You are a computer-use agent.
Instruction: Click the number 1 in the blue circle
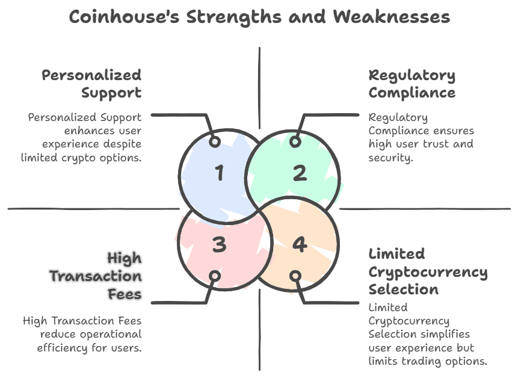pyautogui.click(x=219, y=174)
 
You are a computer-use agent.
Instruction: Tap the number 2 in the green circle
pyautogui.click(x=300, y=173)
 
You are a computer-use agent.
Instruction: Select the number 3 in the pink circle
pyautogui.click(x=219, y=245)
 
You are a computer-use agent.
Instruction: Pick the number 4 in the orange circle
pyautogui.click(x=300, y=245)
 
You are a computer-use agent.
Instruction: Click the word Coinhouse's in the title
pyautogui.click(x=124, y=17)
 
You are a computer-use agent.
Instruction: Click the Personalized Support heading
pyautogui.click(x=91, y=84)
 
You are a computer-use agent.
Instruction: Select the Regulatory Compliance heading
pyautogui.click(x=412, y=84)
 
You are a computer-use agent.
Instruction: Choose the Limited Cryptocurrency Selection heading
pyautogui.click(x=427, y=271)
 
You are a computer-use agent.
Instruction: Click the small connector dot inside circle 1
pyautogui.click(x=215, y=142)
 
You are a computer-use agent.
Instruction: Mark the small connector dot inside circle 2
pyautogui.click(x=295, y=142)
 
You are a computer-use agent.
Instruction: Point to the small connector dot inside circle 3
pyautogui.click(x=215, y=276)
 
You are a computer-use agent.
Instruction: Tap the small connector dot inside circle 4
pyautogui.click(x=295, y=276)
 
